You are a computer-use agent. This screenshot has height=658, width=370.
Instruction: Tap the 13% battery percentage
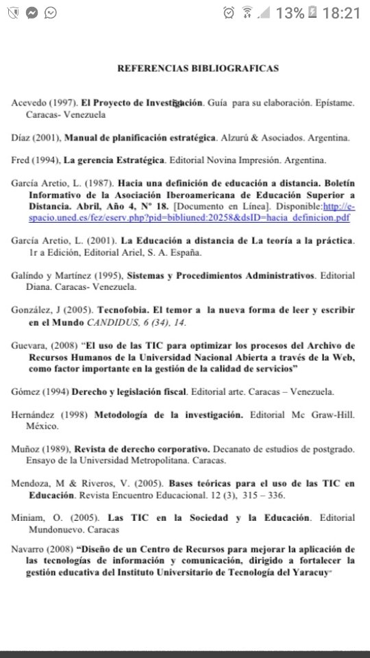(290, 13)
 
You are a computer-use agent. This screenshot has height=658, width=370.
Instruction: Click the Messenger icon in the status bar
(31, 13)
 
